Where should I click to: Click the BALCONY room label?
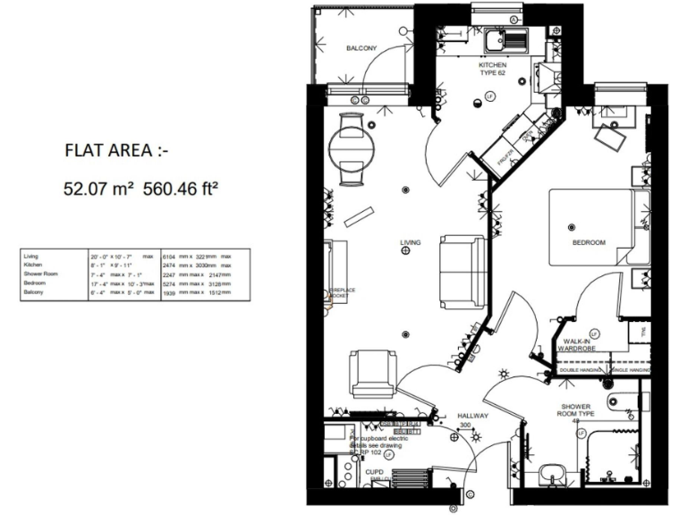pos(362,48)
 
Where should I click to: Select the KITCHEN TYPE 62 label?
pos(492,71)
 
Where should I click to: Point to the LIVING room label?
pos(411,242)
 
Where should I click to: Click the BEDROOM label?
pos(589,242)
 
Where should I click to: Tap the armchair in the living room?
pos(373,373)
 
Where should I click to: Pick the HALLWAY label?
pos(471,416)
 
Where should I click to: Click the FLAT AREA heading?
pos(115,150)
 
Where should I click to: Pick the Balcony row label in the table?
pos(33,291)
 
